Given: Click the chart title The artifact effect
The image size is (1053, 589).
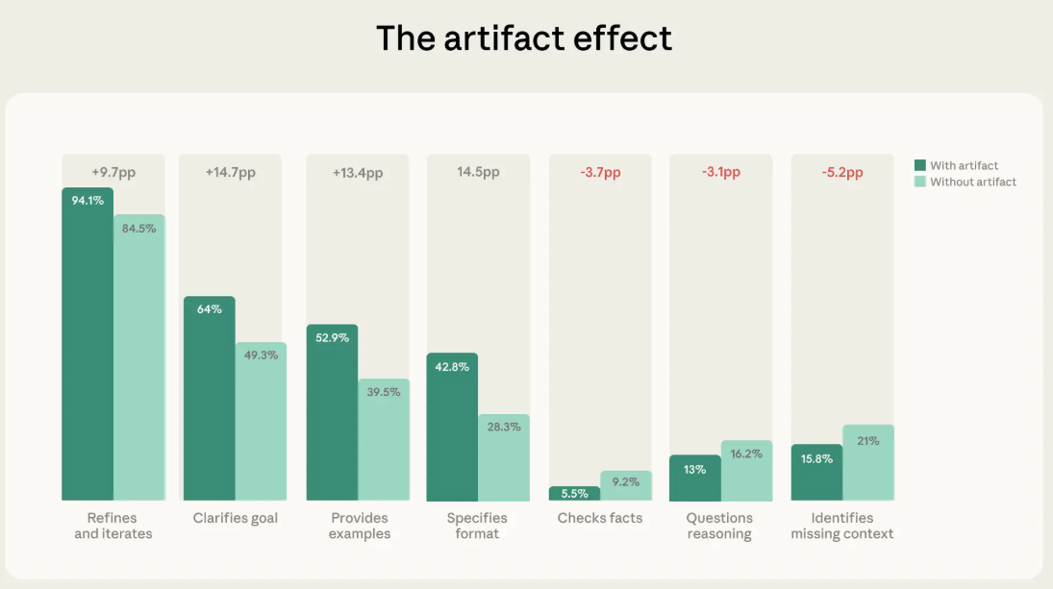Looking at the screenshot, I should [x=524, y=38].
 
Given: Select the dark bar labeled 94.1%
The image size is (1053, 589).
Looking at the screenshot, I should [x=88, y=346].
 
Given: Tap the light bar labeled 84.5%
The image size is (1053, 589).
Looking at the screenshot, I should [x=139, y=360].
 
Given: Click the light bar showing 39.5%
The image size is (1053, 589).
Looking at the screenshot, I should [x=384, y=442].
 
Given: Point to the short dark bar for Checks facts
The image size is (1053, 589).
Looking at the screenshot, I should [x=574, y=494].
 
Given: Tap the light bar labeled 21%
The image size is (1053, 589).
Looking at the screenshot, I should [x=868, y=466].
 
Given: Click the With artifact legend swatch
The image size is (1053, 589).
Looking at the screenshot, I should [x=920, y=165].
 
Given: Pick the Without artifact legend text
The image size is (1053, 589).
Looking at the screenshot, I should [x=972, y=182].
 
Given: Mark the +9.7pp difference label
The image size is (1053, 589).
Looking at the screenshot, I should [x=113, y=172].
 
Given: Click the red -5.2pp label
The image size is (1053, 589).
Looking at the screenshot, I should [x=842, y=173].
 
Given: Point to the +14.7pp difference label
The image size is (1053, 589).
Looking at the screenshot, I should [x=230, y=173].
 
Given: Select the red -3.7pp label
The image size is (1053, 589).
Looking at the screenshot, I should [x=600, y=173].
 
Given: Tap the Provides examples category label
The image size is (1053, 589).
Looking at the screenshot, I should [x=359, y=526].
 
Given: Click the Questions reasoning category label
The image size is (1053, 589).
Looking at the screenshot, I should [x=719, y=526].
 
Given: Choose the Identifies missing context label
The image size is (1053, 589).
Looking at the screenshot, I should [x=841, y=526].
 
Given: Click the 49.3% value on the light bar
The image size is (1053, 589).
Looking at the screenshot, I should [x=261, y=355].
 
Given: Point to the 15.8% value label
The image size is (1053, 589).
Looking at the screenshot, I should [x=816, y=458].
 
